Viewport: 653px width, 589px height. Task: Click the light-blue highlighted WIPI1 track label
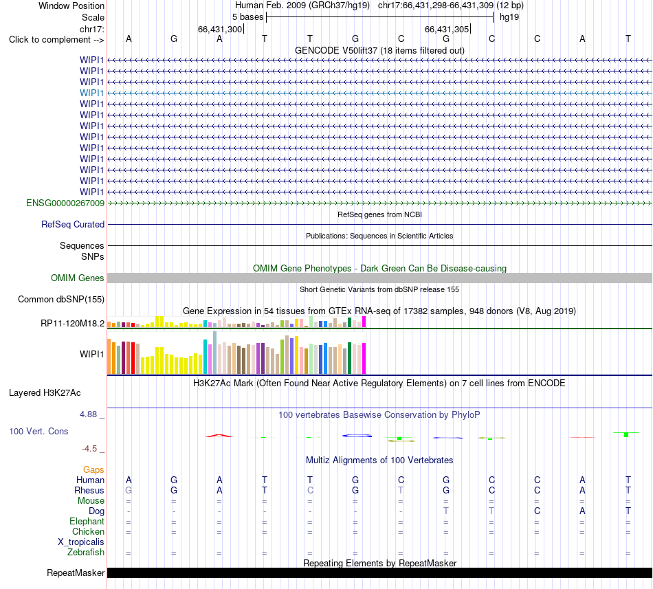point(91,93)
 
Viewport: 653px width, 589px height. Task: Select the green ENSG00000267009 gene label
point(65,203)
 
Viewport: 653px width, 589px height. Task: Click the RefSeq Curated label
point(73,224)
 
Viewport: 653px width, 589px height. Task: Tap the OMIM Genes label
point(78,278)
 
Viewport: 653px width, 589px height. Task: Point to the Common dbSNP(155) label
point(61,299)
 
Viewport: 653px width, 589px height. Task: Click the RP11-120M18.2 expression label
point(72,323)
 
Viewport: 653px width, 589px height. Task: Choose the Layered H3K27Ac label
point(45,393)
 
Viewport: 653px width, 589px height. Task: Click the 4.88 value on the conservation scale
point(88,414)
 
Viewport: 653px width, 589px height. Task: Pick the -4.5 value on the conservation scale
point(89,448)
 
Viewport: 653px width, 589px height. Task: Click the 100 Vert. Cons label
point(38,431)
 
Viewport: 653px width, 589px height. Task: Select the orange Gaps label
point(93,469)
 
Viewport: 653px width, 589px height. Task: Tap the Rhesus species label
point(89,490)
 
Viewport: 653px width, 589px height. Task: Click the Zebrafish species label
point(86,553)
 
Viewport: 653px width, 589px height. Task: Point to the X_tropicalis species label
point(81,542)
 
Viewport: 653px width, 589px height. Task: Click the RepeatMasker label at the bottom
point(76,573)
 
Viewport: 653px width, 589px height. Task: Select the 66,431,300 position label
point(220,29)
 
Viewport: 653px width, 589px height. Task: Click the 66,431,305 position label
point(447,29)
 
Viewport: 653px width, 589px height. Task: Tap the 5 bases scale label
point(247,17)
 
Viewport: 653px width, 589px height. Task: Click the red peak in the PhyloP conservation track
point(219,436)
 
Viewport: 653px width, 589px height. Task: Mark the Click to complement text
point(49,40)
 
